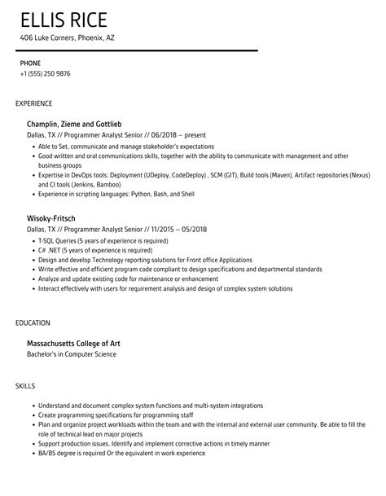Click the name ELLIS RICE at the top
click(x=64, y=20)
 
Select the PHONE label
click(x=30, y=63)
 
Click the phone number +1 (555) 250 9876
click(x=45, y=73)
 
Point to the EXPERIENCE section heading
click(x=34, y=103)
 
